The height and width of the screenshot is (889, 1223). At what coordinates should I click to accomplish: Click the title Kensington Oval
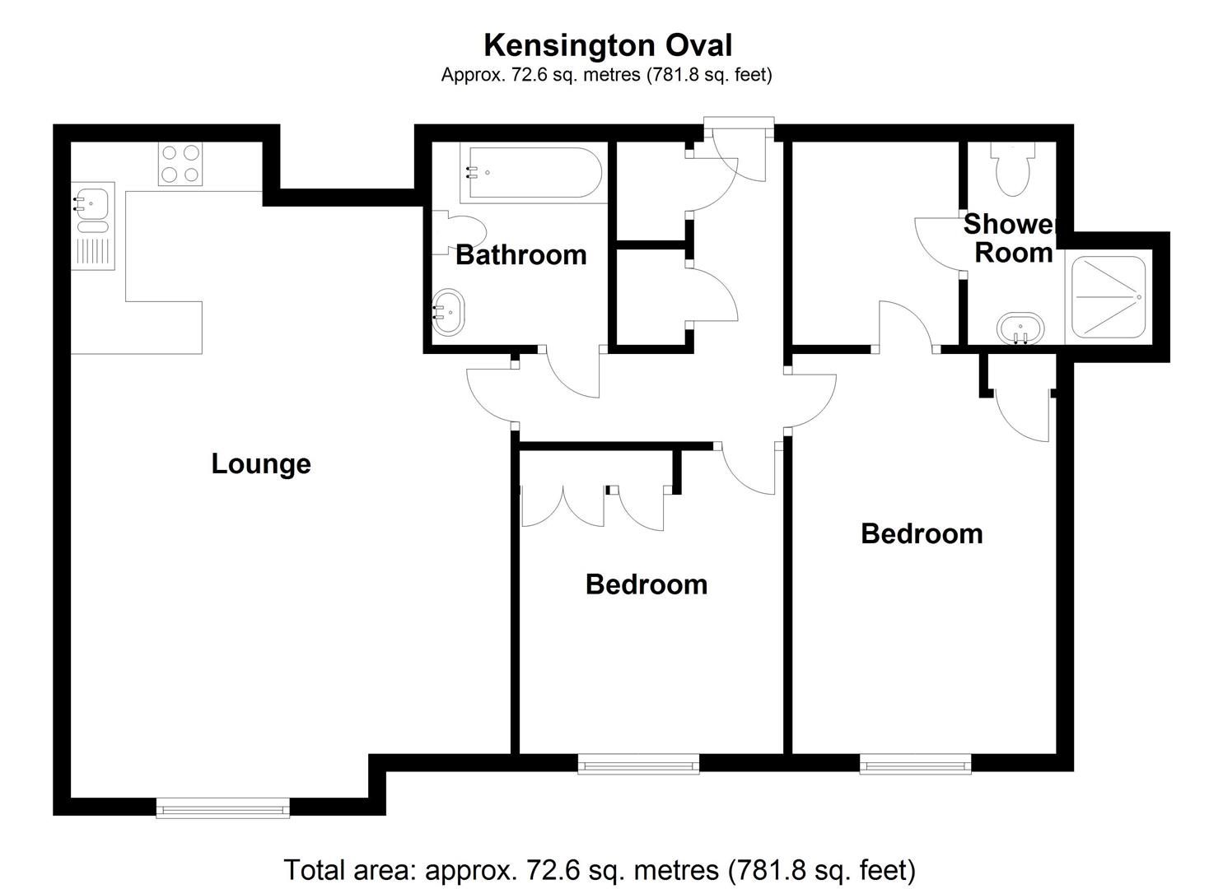coord(607,45)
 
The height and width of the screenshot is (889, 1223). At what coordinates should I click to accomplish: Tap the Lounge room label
coord(261,463)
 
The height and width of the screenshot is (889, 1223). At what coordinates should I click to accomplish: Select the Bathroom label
coord(520,255)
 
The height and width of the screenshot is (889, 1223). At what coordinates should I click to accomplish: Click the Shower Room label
coord(1012,239)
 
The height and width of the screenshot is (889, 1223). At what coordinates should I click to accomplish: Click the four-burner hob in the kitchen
coord(180,163)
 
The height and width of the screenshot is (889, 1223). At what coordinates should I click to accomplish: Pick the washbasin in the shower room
coord(1021,328)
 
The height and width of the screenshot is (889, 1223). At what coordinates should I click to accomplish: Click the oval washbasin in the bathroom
coord(449,312)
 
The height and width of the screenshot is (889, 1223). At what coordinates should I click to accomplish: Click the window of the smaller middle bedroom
coord(638,765)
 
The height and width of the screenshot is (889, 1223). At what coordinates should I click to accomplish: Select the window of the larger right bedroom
coord(915,765)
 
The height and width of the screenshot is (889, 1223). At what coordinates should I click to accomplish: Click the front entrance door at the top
coord(739,152)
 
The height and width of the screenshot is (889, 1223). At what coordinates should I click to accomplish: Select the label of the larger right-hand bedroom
coord(922,534)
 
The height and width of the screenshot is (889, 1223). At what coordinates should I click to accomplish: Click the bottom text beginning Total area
coord(599,869)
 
